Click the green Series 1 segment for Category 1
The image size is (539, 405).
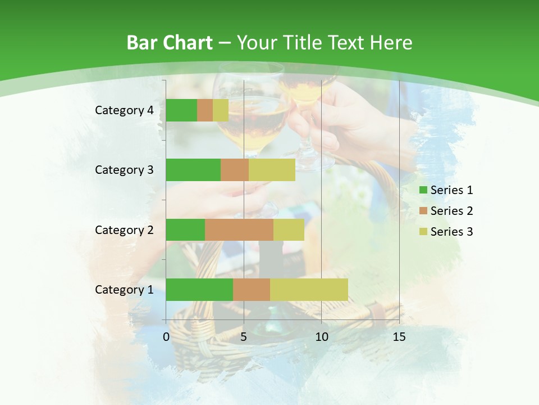199,290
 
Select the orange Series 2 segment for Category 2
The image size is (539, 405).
239,230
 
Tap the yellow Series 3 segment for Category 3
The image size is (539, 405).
272,170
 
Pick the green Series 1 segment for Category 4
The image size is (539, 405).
181,110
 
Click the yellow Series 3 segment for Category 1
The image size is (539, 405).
309,290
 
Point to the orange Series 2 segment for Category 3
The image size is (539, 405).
235,170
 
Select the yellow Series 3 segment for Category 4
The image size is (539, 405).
221,110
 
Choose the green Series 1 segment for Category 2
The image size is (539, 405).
185,230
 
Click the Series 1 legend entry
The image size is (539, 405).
446,190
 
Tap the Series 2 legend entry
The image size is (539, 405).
446,211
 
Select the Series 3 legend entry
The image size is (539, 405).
446,232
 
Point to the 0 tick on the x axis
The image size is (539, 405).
166,337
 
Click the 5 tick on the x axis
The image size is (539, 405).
244,337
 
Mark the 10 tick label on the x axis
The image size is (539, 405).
321,337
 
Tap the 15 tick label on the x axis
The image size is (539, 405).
399,337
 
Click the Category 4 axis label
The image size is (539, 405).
124,110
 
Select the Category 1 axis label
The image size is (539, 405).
124,290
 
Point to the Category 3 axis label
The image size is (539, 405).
124,170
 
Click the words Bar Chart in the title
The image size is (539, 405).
170,43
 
